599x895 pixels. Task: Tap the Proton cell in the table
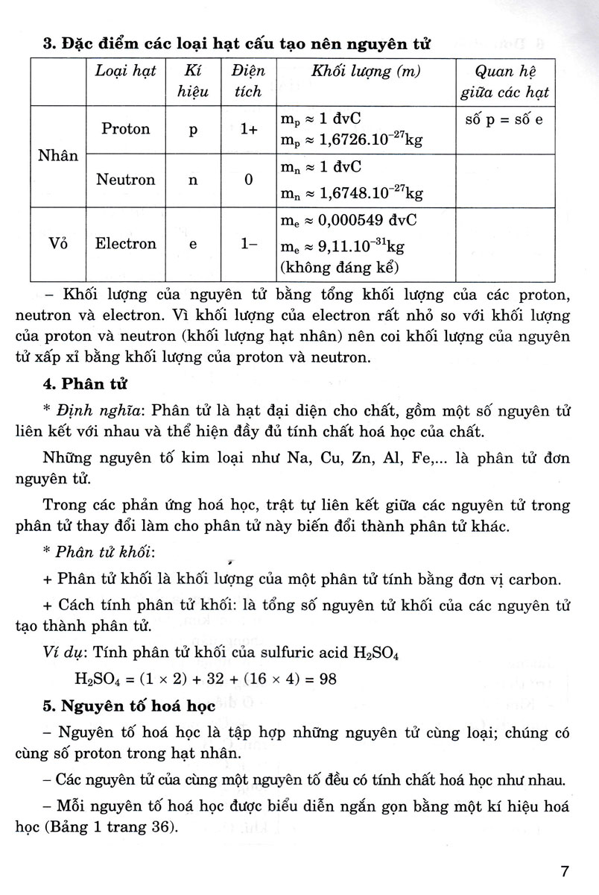coord(126,129)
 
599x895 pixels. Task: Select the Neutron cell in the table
coord(126,180)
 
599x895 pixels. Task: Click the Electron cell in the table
coord(126,243)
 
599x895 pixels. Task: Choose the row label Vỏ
coord(58,243)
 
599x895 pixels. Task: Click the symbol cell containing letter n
coord(193,180)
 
